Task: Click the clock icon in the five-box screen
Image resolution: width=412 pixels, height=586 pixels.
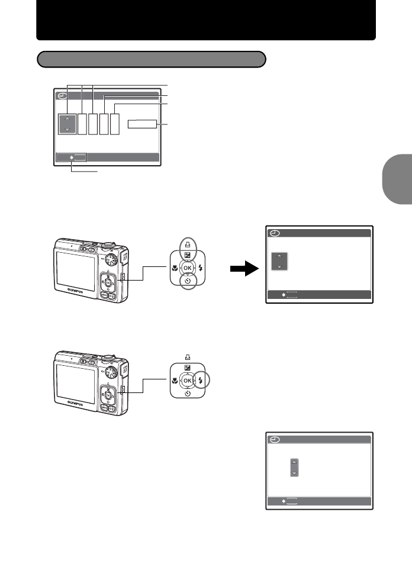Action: tap(62, 96)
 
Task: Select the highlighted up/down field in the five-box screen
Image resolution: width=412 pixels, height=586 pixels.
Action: tap(67, 123)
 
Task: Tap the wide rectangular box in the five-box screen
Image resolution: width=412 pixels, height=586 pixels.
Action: tap(143, 124)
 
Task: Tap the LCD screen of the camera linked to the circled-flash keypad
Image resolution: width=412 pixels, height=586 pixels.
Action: tap(76, 382)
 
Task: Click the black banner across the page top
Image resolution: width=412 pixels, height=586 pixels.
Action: tap(206, 20)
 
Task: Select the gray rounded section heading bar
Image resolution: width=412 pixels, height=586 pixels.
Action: tap(151, 59)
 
